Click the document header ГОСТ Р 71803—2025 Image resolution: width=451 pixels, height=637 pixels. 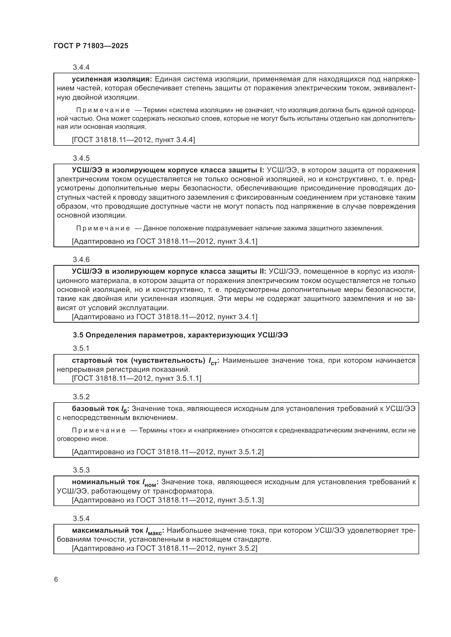coord(91,46)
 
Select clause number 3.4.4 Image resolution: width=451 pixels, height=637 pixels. coord(81,68)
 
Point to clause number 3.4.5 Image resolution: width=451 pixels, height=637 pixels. coord(81,158)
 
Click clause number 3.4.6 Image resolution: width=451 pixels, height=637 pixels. coord(81,260)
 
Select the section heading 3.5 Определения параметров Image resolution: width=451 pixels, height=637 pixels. coord(180,335)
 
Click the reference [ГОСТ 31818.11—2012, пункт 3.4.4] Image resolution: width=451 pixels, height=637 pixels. coord(133,140)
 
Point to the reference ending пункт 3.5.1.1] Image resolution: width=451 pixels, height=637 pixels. coord(137,378)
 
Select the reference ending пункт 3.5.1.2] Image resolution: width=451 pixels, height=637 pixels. coord(168,452)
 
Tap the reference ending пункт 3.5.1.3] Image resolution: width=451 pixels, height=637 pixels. coord(168,500)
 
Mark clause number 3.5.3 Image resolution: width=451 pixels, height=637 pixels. coord(81,470)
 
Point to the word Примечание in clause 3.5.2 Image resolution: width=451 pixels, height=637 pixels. coord(99,430)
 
